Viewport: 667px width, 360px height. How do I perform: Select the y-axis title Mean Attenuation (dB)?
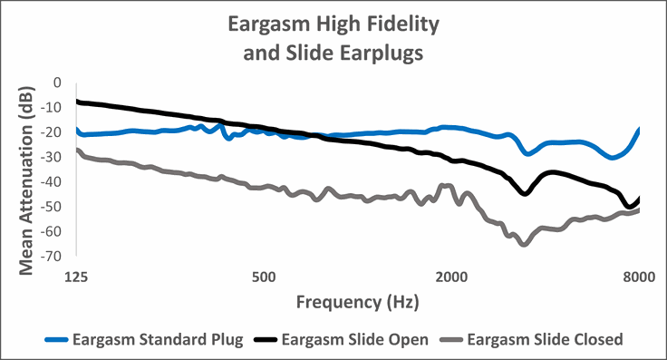26,169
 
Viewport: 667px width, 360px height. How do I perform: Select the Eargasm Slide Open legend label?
360,340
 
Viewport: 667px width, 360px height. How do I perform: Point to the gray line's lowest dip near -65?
524,244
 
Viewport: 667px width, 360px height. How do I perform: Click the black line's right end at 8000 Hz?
639,199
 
